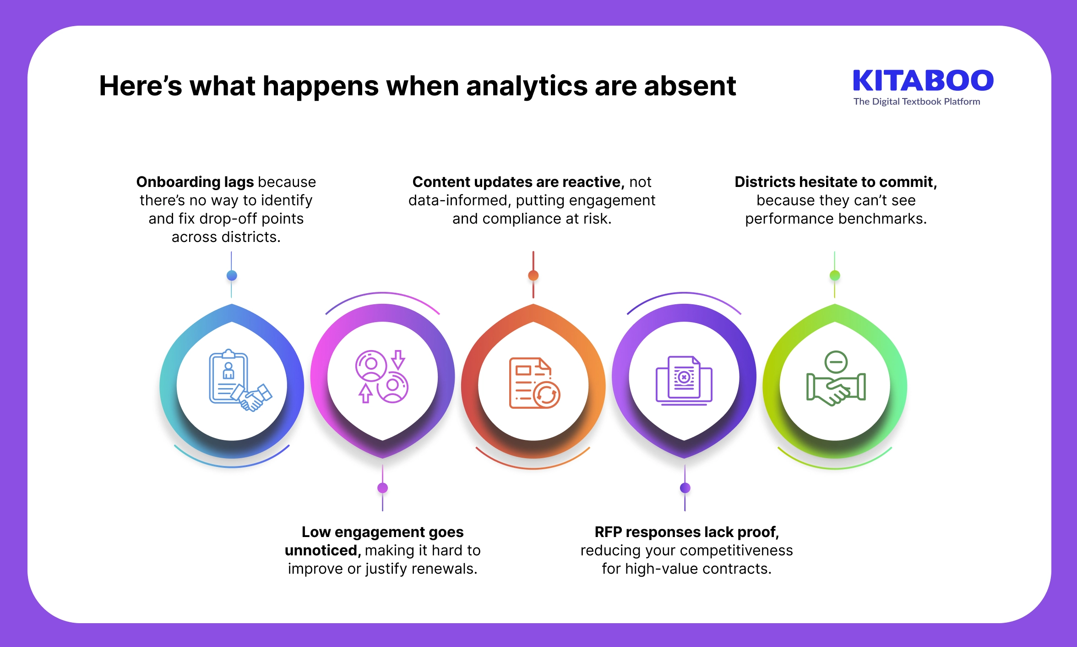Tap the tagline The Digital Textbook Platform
tap(916, 102)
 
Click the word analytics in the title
tap(526, 86)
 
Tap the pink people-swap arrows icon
tap(382, 377)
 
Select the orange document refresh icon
tap(534, 383)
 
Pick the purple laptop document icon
tap(684, 380)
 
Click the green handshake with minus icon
tap(836, 378)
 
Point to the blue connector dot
tap(232, 275)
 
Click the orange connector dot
tap(533, 275)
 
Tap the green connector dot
tap(835, 275)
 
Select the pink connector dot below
tap(382, 488)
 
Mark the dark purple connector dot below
tap(685, 488)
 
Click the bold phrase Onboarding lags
tap(195, 182)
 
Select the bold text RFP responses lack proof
tap(686, 532)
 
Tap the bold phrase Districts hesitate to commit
tap(836, 182)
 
